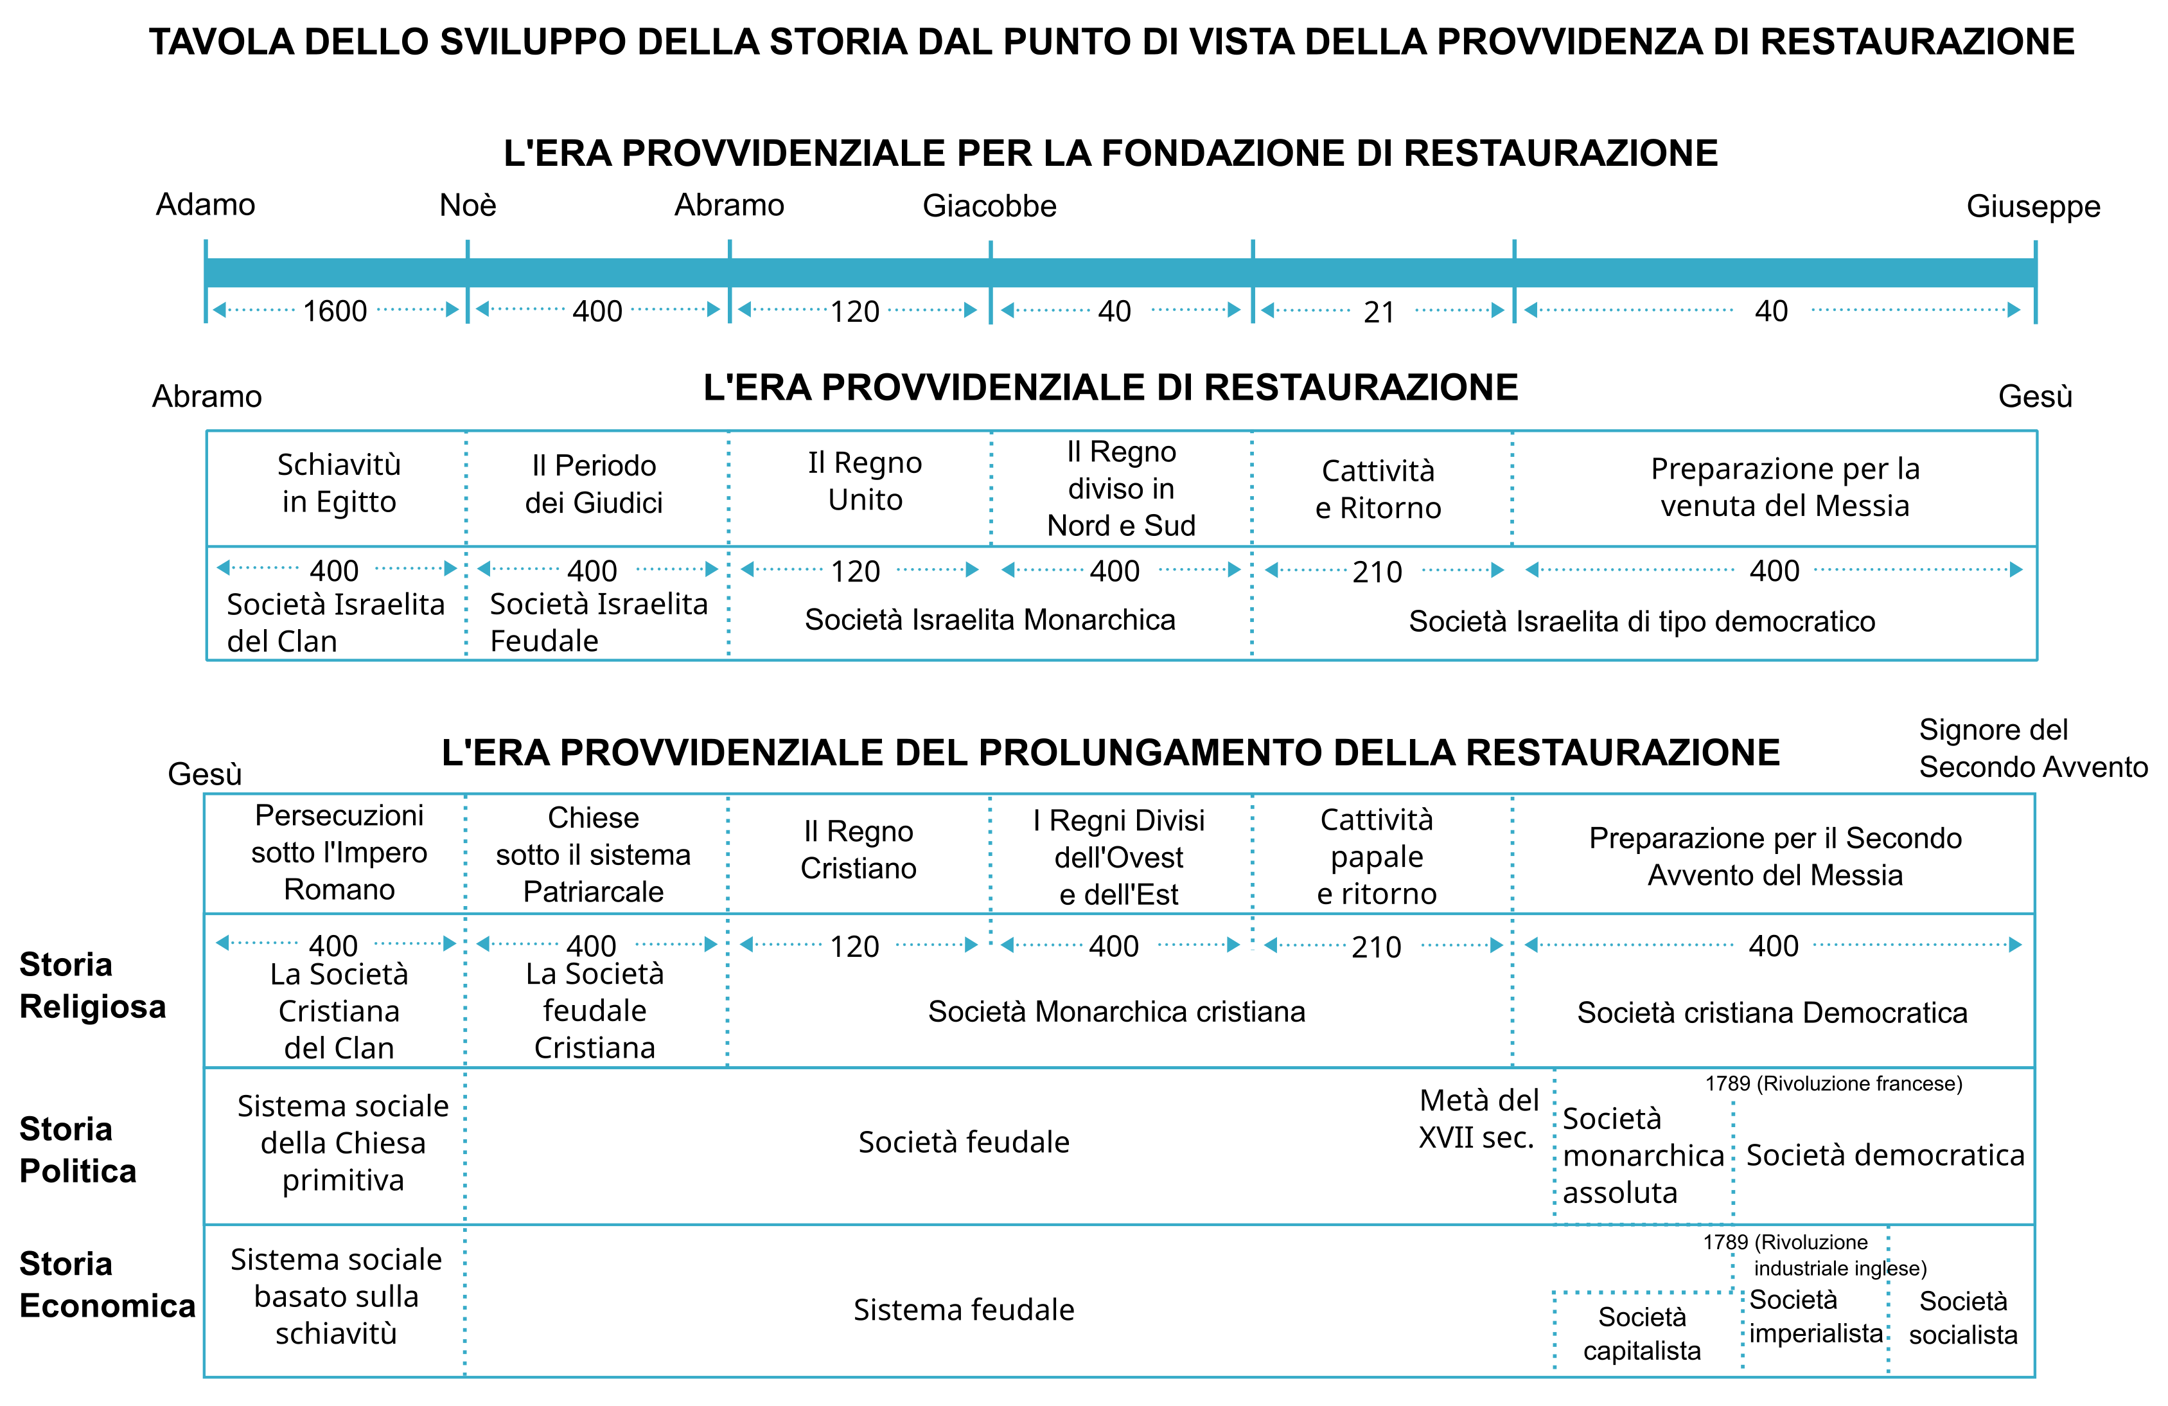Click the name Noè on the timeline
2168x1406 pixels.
point(467,205)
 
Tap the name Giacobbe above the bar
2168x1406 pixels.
point(989,206)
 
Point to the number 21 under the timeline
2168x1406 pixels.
point(1379,312)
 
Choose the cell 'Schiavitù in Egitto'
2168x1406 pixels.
point(339,483)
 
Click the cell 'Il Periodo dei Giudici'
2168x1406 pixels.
point(594,484)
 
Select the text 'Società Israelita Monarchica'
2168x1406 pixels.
point(989,619)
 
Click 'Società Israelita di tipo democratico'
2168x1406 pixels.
point(1641,621)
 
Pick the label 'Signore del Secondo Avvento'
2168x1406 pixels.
point(2032,748)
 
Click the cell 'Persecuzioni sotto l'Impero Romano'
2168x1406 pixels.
point(339,852)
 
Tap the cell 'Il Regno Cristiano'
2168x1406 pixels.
point(858,850)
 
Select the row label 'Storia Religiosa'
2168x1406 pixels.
point(92,985)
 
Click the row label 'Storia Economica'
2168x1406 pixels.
point(107,1285)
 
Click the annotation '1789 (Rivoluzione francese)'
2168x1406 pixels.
point(1833,1083)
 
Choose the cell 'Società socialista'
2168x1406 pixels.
point(1962,1317)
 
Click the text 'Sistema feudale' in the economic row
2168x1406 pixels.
point(964,1310)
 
